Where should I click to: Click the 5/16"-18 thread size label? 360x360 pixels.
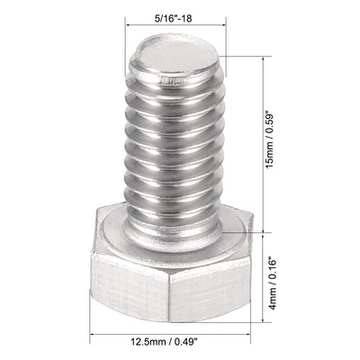point(173,14)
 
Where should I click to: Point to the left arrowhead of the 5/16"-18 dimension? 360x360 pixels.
point(127,27)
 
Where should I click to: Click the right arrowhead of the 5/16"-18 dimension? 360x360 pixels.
point(219,27)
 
